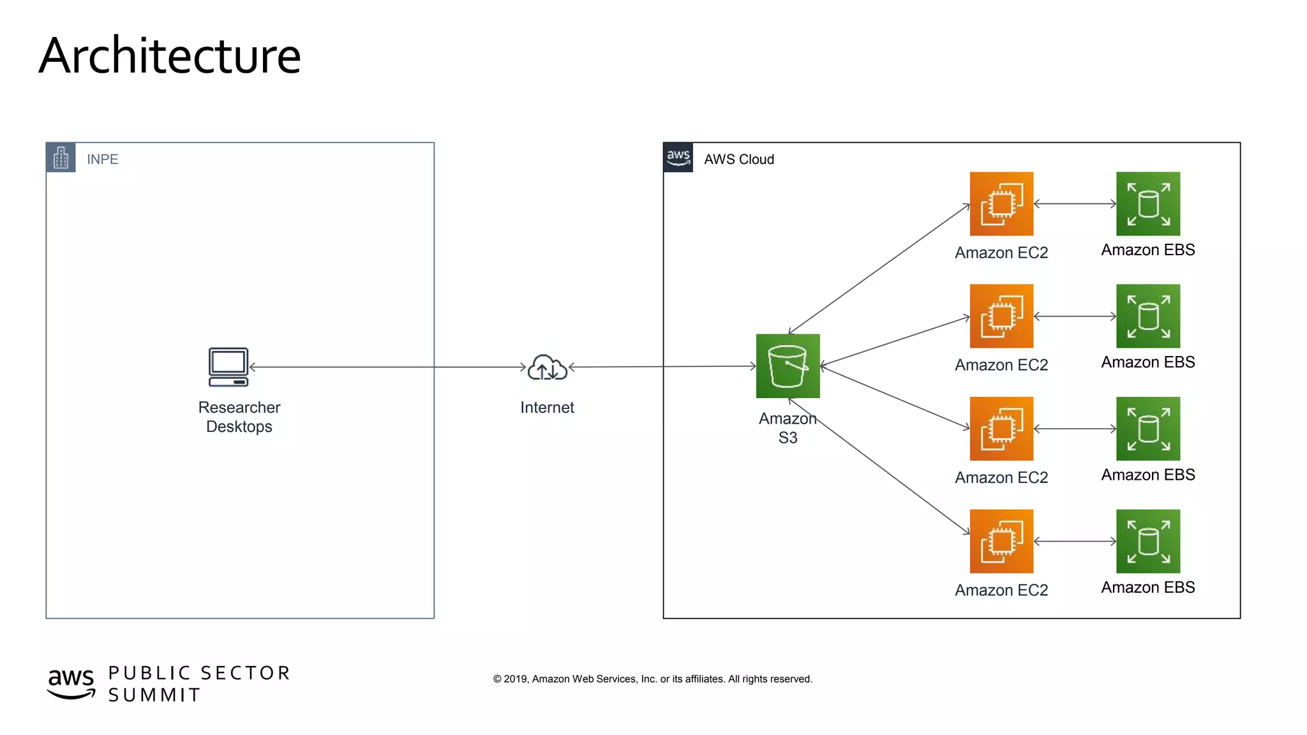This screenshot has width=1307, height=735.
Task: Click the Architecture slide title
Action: pos(170,56)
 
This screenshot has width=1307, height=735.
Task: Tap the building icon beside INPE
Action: pos(61,158)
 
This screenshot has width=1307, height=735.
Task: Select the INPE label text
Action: pos(103,160)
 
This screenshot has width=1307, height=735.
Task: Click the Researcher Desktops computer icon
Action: pos(228,367)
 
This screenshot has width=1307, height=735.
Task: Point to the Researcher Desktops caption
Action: pos(239,417)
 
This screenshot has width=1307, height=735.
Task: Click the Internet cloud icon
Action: pos(547,367)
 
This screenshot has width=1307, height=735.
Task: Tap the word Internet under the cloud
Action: pos(547,408)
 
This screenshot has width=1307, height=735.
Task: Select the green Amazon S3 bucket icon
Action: pos(788,366)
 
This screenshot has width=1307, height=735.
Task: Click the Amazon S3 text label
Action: pos(788,428)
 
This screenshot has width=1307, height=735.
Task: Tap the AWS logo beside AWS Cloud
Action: pos(678,158)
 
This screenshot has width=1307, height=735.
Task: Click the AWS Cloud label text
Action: pos(739,160)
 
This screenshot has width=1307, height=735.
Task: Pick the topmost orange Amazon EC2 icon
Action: pos(1001,204)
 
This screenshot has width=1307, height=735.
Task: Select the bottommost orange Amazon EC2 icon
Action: pos(1001,541)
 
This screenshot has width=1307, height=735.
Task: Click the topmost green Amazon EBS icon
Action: pos(1147,204)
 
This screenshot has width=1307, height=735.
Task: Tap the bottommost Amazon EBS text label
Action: pos(1147,588)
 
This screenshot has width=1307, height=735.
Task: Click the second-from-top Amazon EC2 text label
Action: pos(1001,366)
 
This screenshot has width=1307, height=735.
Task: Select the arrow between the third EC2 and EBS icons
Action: pos(1075,429)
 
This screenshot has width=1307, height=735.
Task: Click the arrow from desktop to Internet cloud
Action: pos(387,367)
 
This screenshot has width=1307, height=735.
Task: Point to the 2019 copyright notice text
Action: pos(652,679)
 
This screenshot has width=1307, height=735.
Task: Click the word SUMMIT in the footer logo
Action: pos(154,695)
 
